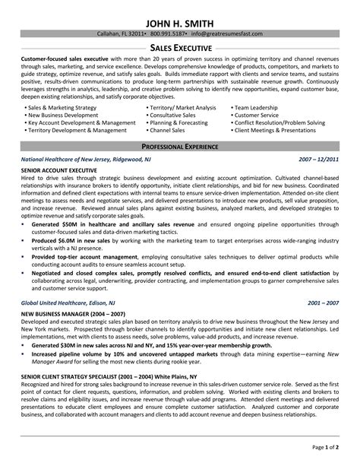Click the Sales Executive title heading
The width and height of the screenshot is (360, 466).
point(180,47)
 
